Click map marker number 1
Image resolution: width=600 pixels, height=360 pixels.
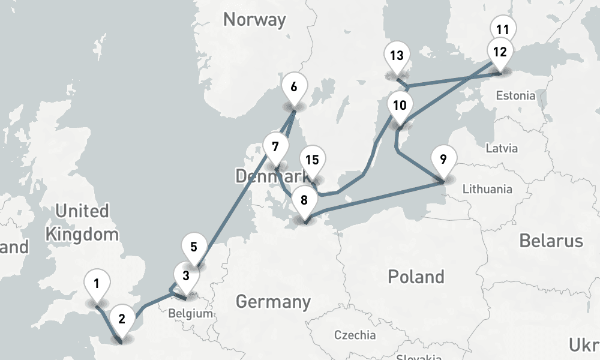(x=97, y=282)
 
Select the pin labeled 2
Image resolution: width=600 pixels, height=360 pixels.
(x=122, y=319)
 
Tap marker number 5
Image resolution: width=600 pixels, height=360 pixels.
(x=193, y=247)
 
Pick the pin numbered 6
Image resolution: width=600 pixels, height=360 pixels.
(x=293, y=86)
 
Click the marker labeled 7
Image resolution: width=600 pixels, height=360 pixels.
(x=275, y=147)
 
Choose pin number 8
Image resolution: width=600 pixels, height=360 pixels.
(x=305, y=200)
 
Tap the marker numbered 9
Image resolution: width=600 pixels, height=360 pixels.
(x=443, y=159)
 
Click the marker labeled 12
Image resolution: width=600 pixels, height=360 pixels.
(x=500, y=52)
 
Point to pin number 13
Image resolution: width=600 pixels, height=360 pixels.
(x=396, y=56)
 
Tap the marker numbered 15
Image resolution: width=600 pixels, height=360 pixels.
(x=312, y=160)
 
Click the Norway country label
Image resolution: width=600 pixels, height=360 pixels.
(x=254, y=19)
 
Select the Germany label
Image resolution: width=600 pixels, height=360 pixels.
(x=273, y=301)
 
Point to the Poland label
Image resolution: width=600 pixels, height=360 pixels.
(x=416, y=277)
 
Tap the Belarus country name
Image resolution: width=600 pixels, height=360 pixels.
(x=551, y=241)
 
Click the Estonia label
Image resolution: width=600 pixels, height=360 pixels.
(x=515, y=95)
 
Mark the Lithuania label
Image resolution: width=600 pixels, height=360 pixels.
(x=487, y=189)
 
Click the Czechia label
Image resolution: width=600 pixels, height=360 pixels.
(x=355, y=335)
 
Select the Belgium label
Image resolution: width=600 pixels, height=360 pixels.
(x=190, y=313)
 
